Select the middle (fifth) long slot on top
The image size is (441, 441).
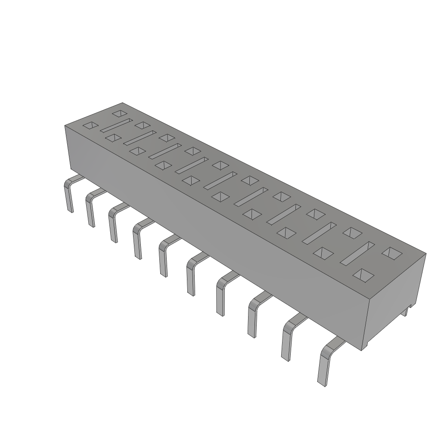[220, 180]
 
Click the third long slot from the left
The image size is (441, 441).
[165, 151]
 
